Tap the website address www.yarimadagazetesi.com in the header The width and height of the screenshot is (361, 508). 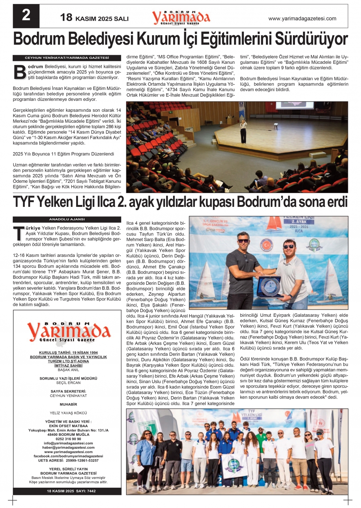tap(302, 19)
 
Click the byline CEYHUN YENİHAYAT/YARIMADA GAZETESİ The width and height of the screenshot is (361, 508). tap(67, 58)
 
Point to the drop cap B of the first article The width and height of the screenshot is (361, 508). tap(20, 72)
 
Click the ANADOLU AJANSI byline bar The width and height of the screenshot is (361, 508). tap(67, 220)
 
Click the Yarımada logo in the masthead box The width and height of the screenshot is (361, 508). tap(68, 331)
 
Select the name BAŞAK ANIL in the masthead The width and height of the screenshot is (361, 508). tap(68, 370)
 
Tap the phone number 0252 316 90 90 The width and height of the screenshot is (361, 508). tap(68, 439)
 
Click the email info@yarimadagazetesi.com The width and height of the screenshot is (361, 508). tap(68, 443)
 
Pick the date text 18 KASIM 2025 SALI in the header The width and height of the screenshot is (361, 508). tap(94, 18)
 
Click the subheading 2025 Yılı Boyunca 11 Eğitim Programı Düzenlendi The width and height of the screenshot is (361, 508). tap(63, 154)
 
